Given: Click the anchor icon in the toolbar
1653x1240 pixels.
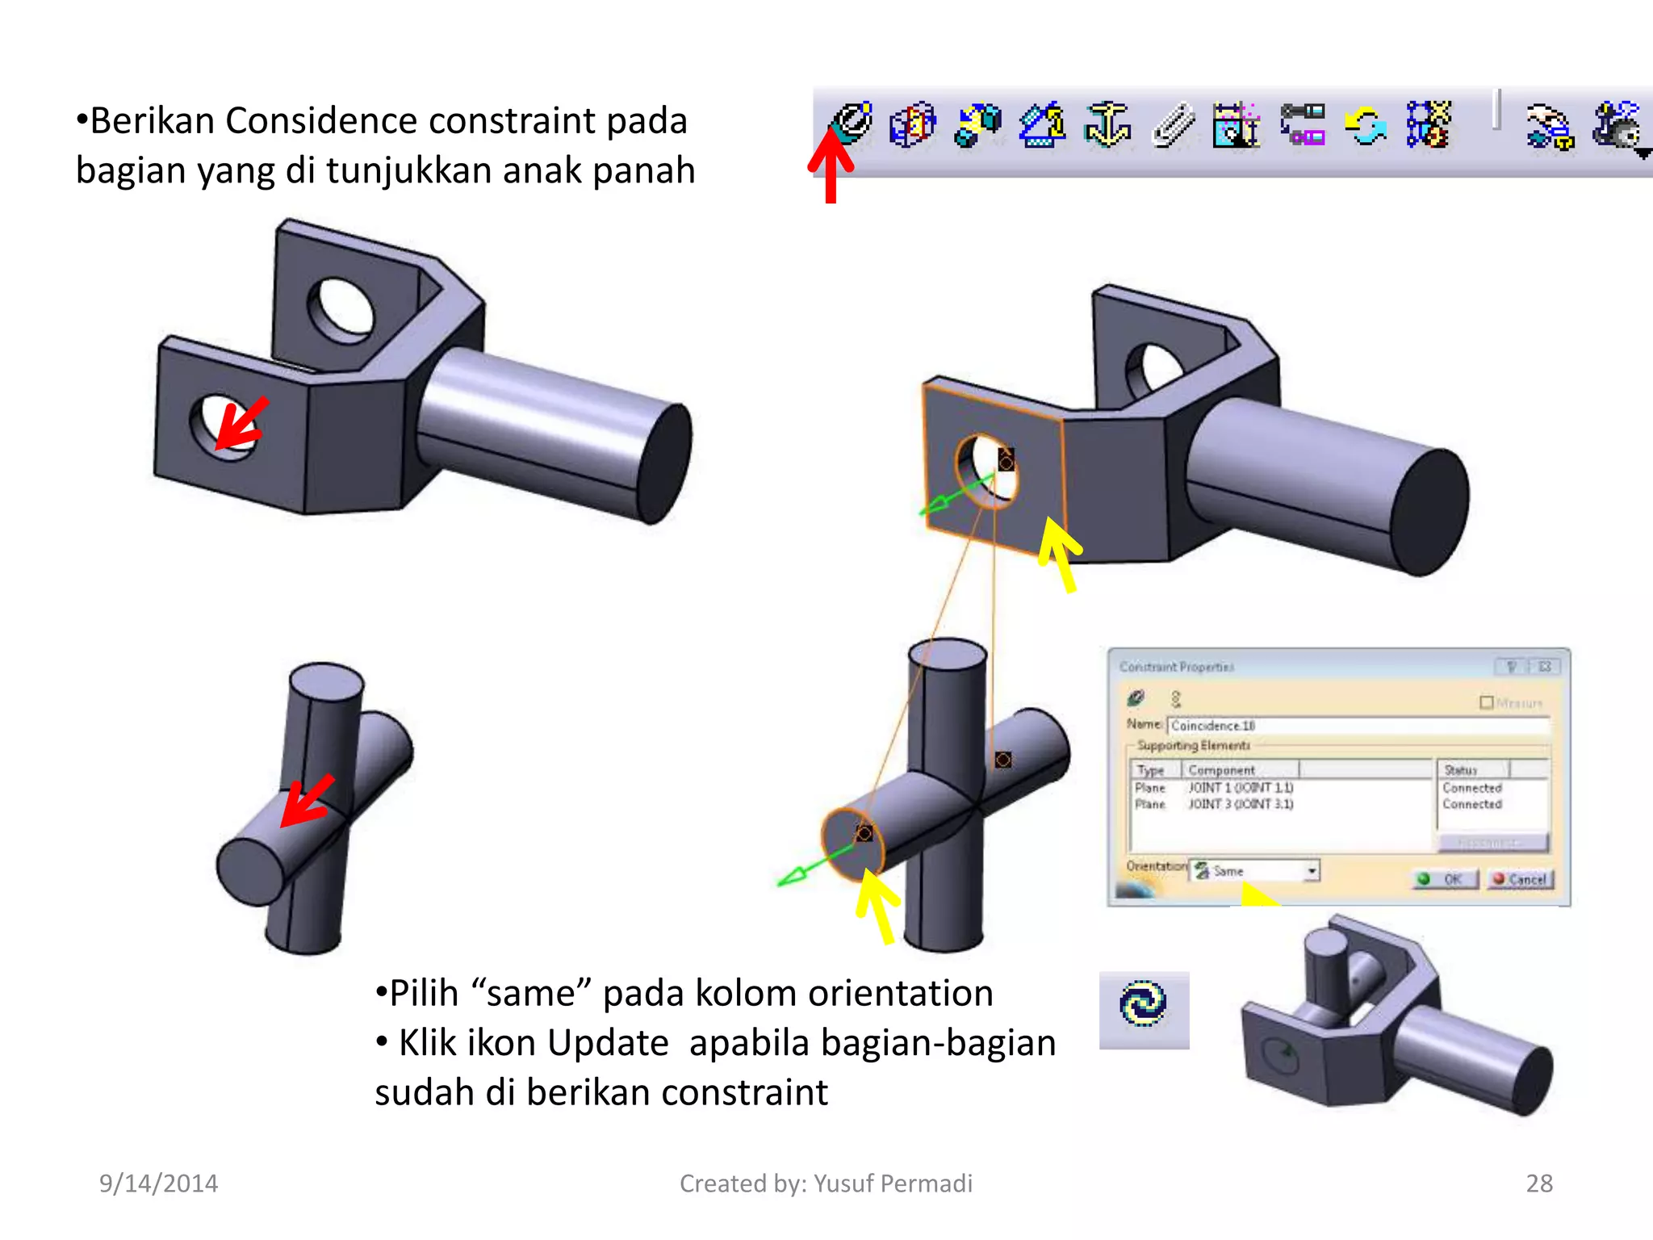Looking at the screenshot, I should point(1107,125).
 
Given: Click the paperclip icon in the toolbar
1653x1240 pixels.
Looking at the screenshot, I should point(1172,126).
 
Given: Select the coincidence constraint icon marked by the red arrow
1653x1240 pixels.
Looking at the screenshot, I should point(852,123).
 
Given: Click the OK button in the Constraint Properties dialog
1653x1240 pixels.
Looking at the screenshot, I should point(1445,879).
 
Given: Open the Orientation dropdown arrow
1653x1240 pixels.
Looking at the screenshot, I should point(1312,870).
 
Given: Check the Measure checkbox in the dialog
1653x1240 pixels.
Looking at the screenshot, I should point(1486,702).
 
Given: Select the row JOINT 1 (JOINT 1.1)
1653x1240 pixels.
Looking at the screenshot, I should point(1240,787).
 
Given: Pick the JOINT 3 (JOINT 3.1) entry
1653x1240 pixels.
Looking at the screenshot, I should point(1240,804).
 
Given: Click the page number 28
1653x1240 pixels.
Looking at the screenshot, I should point(1538,1183).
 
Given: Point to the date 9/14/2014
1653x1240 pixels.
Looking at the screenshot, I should point(158,1183).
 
